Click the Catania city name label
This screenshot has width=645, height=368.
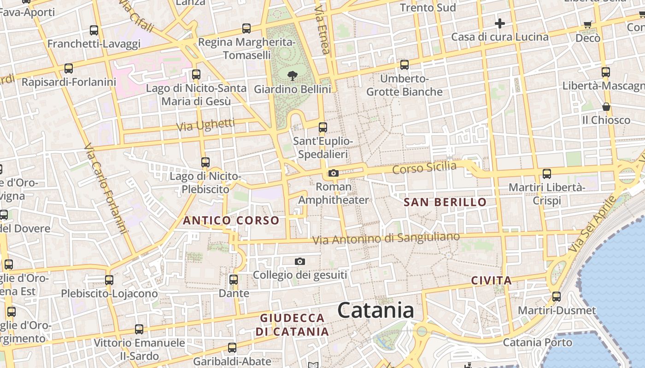[376, 310]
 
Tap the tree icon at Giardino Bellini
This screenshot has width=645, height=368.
[292, 76]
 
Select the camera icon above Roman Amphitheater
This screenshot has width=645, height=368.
[333, 173]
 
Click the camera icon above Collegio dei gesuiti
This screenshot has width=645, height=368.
[300, 262]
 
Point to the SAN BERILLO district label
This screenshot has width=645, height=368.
[445, 202]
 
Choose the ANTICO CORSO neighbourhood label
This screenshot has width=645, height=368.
[231, 221]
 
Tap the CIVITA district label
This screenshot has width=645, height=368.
[492, 281]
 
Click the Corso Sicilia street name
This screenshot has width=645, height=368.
[424, 168]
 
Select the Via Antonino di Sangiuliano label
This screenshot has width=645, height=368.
[386, 238]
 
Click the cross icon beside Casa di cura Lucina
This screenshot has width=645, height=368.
[500, 23]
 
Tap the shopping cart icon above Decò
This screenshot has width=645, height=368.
[587, 25]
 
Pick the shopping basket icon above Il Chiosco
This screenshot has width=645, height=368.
[606, 107]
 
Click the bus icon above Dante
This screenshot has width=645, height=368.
[234, 280]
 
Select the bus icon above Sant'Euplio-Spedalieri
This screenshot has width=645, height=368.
[323, 127]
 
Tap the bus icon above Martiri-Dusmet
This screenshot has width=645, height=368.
[557, 297]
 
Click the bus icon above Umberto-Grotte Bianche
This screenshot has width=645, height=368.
[405, 65]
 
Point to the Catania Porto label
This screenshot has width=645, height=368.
[537, 343]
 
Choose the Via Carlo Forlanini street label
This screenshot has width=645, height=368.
[106, 189]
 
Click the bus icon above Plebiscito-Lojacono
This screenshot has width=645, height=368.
[109, 280]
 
